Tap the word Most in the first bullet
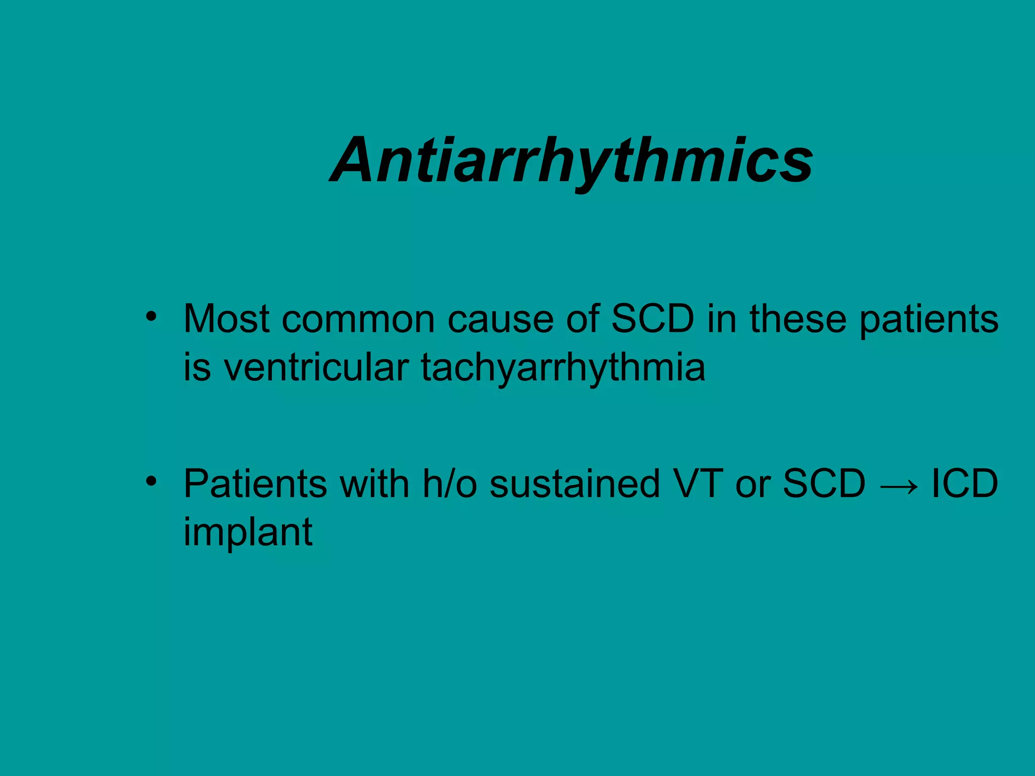coord(226,319)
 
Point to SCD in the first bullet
coord(653,319)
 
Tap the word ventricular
coord(316,368)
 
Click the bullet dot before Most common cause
coord(150,317)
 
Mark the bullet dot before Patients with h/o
coord(150,481)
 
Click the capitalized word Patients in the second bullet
coord(255,484)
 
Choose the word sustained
coord(575,484)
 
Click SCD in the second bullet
coord(824,484)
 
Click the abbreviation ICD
coord(964,484)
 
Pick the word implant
coord(248,532)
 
